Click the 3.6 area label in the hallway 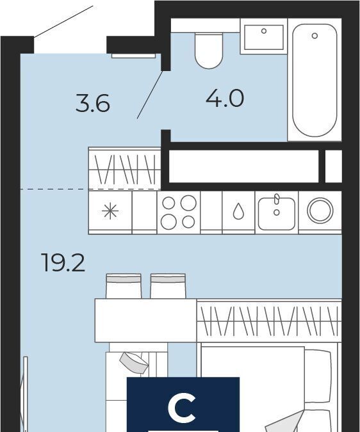93,104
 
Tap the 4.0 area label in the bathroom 225,98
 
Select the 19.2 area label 63,262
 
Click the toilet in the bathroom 209,51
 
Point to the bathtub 315,80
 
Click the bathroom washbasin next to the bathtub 264,37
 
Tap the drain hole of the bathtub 315,36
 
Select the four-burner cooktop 179,212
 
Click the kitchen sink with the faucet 277,212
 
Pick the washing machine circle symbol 320,210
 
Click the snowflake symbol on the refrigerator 110,211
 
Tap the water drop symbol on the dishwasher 238,211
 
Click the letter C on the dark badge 182,408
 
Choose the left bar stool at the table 124,286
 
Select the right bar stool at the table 168,286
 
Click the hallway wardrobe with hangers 125,168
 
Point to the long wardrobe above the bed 269,321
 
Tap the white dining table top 146,321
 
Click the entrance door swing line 63,21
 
